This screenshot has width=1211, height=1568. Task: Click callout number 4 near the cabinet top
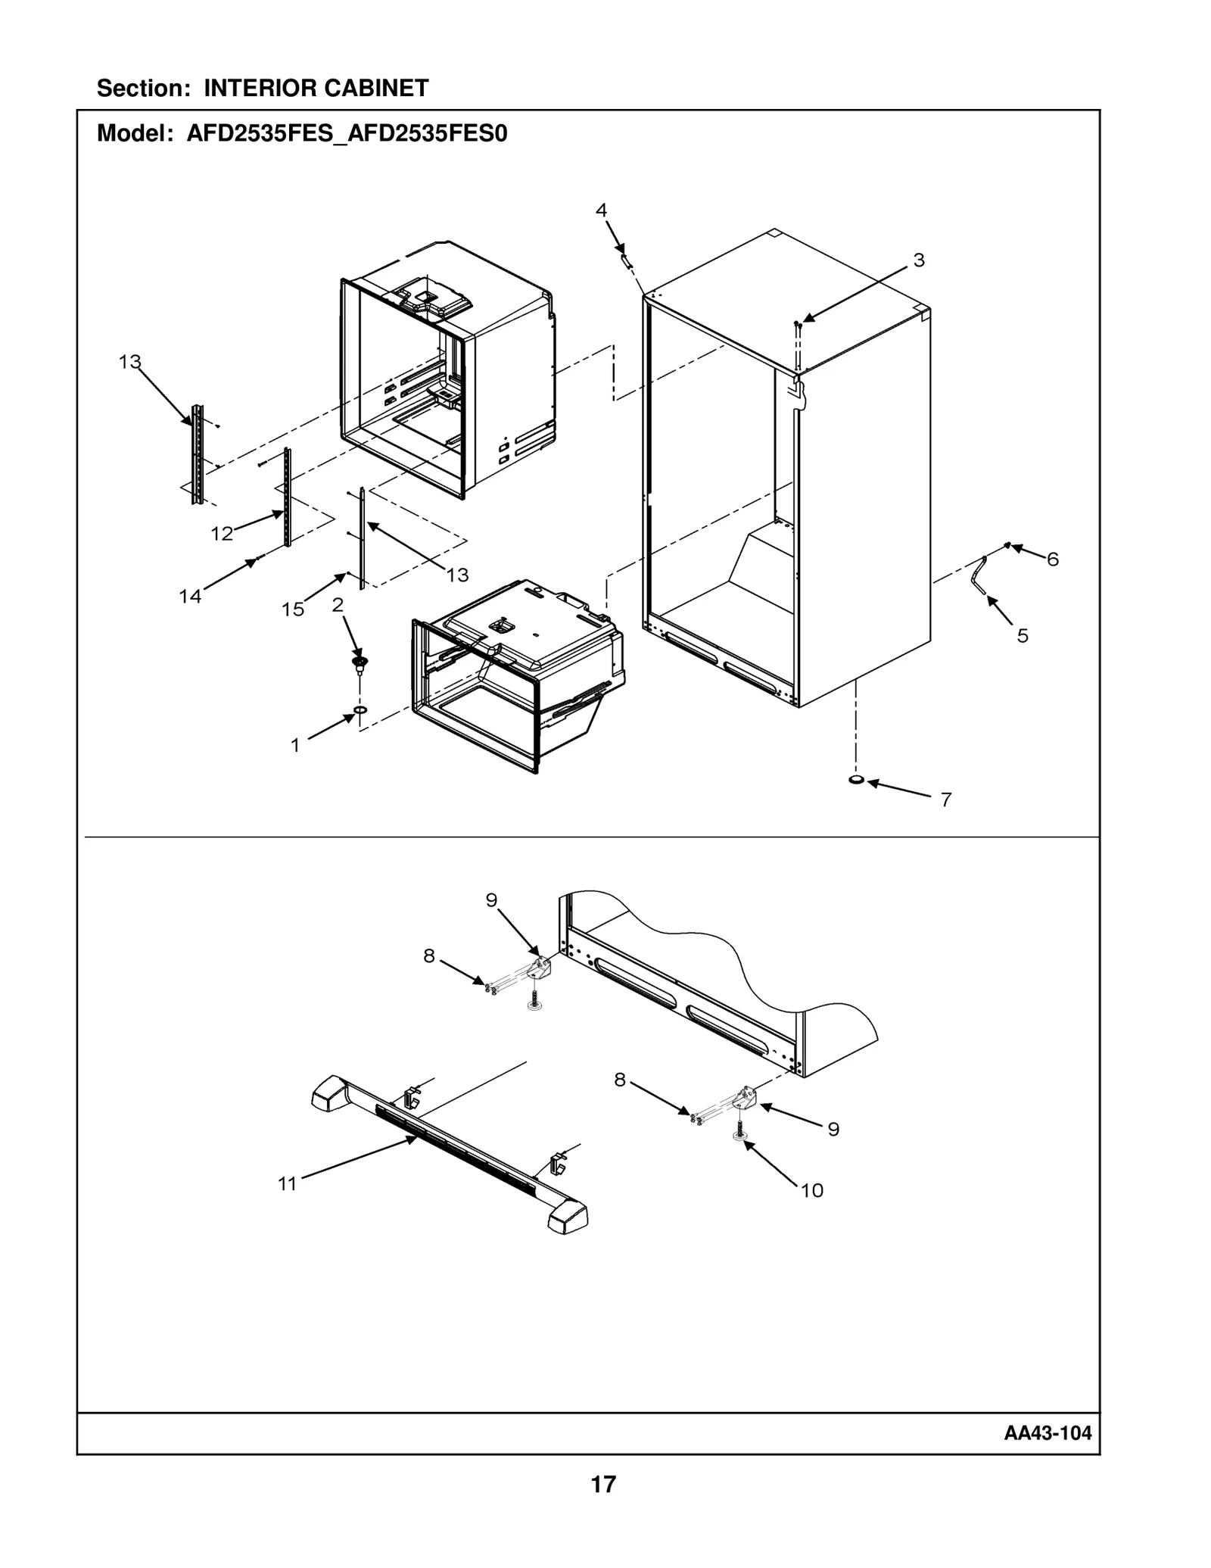601,210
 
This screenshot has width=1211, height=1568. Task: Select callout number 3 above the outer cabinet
918,260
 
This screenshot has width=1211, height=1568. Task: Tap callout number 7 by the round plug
945,800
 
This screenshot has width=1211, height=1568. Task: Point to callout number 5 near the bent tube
1023,636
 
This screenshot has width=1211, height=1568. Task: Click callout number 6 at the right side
1053,560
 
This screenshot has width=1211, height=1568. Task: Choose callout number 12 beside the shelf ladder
222,534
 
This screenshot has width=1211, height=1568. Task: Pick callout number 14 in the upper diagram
190,597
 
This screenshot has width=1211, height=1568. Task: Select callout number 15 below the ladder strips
293,609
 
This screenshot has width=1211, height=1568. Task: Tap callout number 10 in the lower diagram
811,1191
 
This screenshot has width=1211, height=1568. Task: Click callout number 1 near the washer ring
295,746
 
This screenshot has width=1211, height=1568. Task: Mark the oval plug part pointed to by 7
856,779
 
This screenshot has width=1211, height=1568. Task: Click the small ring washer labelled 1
360,710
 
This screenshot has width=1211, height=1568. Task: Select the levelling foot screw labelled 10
738,1135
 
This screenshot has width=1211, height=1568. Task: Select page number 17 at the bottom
603,1484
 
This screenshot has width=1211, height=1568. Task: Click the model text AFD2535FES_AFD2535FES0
347,134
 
